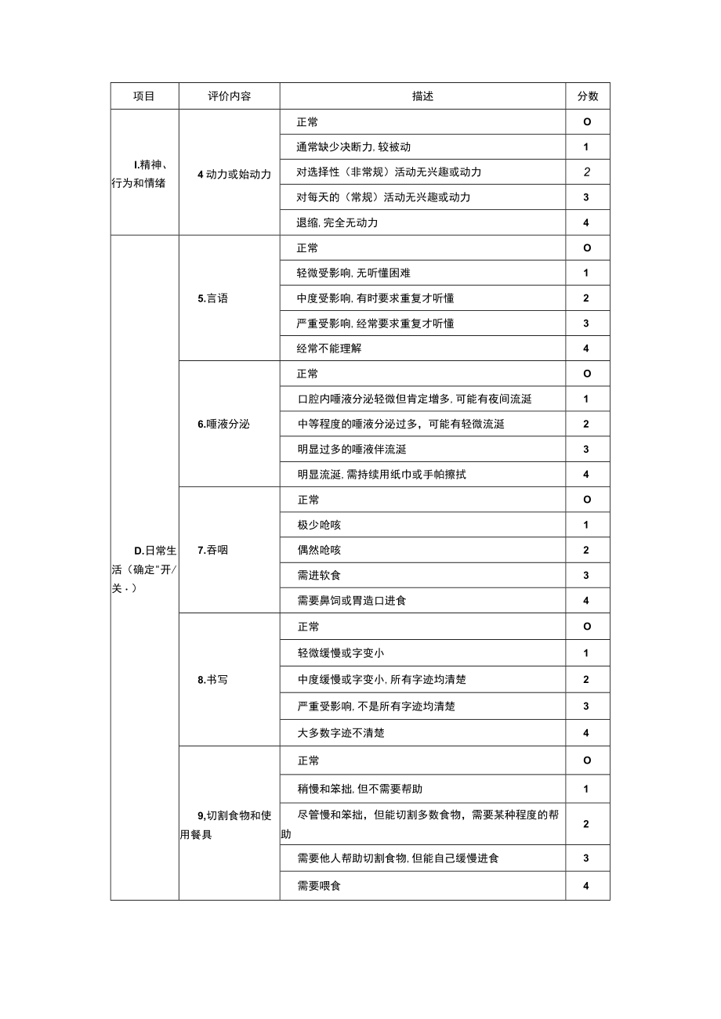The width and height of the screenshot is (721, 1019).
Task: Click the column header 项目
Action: tap(144, 96)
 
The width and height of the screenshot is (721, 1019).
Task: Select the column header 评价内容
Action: tap(230, 96)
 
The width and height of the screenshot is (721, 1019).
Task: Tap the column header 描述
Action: tap(422, 96)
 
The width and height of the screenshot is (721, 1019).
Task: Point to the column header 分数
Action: tap(588, 96)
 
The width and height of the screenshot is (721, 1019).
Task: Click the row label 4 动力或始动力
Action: tap(234, 174)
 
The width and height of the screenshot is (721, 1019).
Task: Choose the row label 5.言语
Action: tap(213, 298)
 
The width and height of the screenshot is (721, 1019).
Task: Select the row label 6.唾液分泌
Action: tap(224, 425)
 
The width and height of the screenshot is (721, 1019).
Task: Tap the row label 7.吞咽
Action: tap(213, 550)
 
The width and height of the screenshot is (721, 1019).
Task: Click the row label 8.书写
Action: tap(213, 680)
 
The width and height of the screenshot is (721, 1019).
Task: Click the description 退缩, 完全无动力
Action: tap(338, 222)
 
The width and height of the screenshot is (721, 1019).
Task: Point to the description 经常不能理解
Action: tap(329, 349)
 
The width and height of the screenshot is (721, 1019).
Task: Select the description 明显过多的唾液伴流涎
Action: tap(352, 450)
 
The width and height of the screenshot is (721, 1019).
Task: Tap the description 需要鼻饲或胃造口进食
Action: tap(352, 601)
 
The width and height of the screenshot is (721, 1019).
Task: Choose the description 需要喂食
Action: tap(319, 886)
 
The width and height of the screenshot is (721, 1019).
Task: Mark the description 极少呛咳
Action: tap(319, 525)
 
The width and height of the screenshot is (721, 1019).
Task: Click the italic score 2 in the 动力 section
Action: tap(587, 172)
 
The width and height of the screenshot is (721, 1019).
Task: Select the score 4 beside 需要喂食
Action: tap(587, 886)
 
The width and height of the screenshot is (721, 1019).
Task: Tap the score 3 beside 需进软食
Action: tap(587, 576)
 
